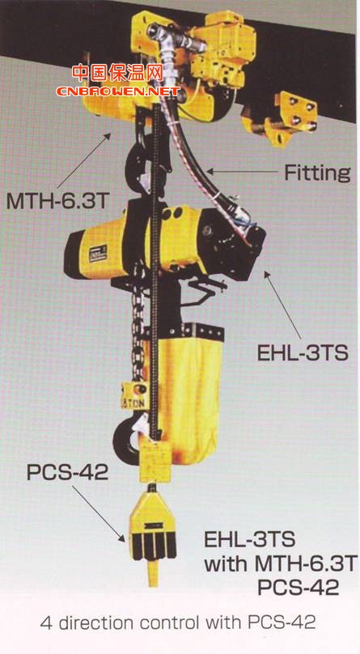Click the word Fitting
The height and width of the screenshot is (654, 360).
point(316,173)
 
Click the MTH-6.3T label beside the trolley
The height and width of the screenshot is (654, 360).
point(57,201)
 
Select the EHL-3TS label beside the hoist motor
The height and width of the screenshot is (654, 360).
point(302,352)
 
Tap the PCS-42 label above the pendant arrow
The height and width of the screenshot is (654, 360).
point(68,472)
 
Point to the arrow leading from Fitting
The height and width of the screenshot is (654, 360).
point(242,171)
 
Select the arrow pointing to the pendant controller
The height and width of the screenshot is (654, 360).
point(99,514)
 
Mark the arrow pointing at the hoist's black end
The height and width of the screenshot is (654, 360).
point(282,306)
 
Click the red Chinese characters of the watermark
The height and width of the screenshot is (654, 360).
point(117,74)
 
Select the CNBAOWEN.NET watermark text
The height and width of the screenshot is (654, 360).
point(118,91)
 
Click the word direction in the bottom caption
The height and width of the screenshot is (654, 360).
point(98,623)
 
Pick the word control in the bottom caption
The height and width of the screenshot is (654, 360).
point(169,623)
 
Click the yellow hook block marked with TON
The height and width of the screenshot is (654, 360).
point(134,396)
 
